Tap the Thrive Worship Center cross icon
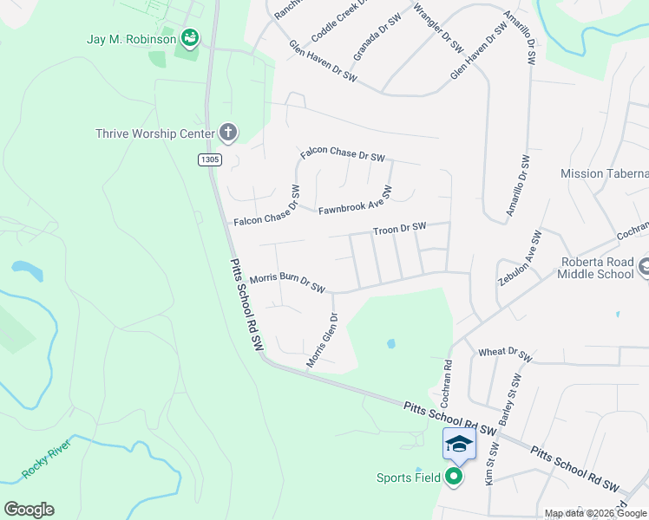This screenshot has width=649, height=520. pyautogui.click(x=228, y=133)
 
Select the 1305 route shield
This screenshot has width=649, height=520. pyautogui.click(x=209, y=159)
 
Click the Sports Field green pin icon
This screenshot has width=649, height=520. pyautogui.click(x=454, y=477)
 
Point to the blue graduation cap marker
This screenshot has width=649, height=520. pyautogui.click(x=459, y=445)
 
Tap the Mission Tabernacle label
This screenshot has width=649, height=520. pyautogui.click(x=604, y=173)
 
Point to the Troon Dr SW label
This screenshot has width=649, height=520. pyautogui.click(x=399, y=228)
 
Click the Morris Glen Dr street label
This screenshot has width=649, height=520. pyautogui.click(x=321, y=341)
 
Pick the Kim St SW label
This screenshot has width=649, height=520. pyautogui.click(x=491, y=463)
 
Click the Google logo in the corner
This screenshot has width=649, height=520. pyautogui.click(x=29, y=509)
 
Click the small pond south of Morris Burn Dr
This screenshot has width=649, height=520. pyautogui.click(x=390, y=343)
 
